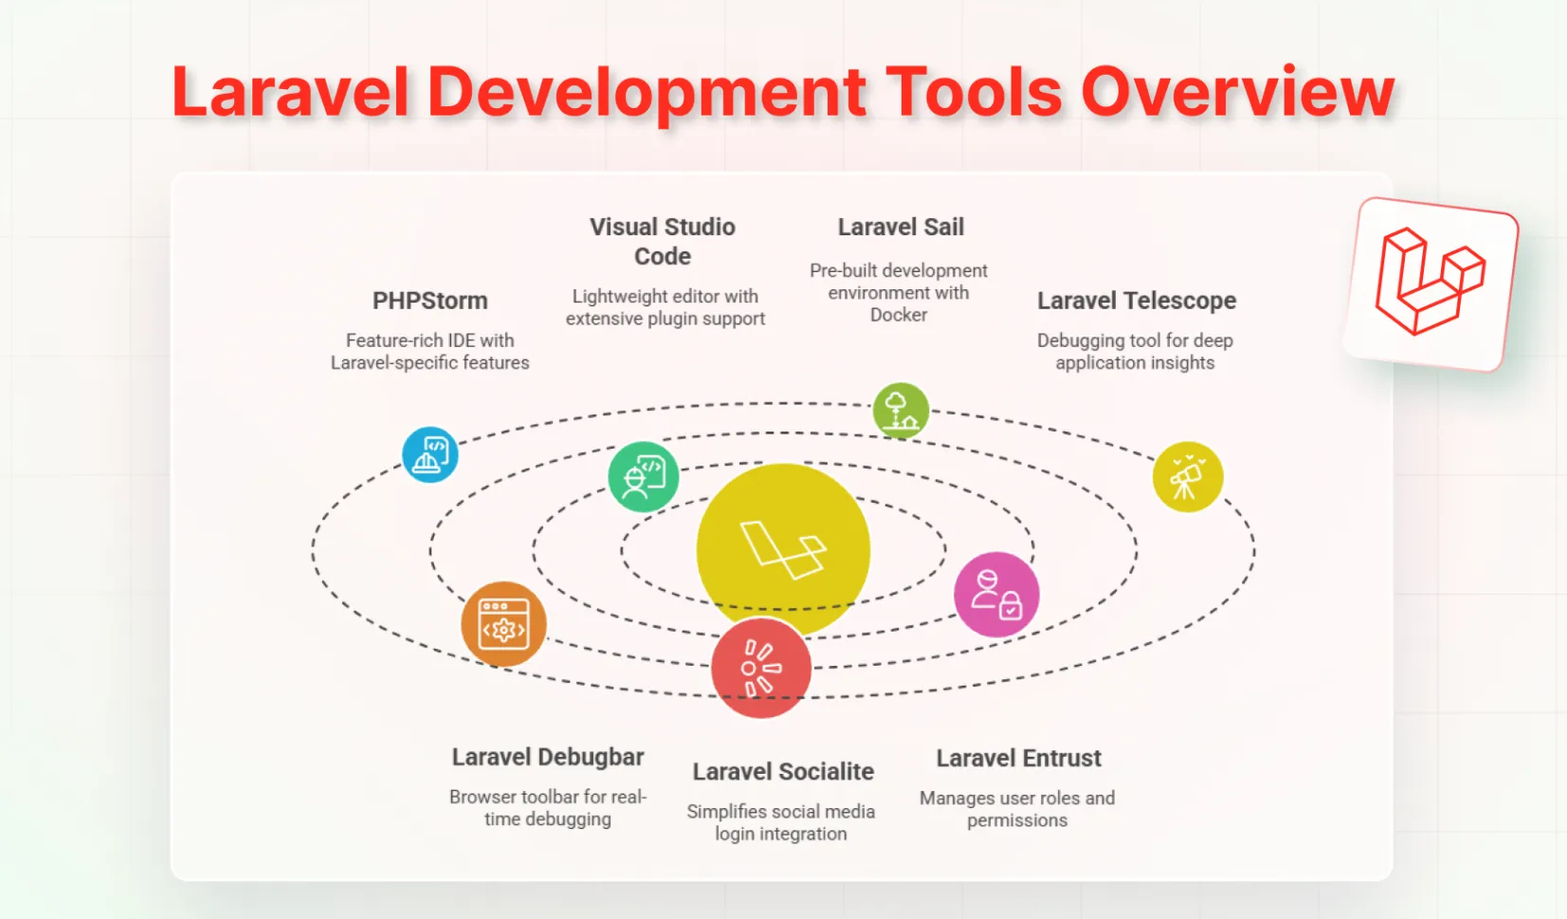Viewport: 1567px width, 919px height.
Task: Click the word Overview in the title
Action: click(x=1238, y=91)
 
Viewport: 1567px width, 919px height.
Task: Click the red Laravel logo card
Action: click(x=1430, y=284)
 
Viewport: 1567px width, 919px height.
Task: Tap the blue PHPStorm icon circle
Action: click(x=430, y=454)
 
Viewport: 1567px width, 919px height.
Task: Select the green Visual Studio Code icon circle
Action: click(x=643, y=476)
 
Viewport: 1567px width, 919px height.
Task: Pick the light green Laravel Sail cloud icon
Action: click(x=901, y=410)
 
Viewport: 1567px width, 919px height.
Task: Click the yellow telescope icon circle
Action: click(x=1188, y=477)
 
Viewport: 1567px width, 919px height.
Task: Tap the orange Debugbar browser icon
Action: click(x=503, y=624)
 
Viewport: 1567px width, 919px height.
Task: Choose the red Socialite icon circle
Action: click(x=761, y=668)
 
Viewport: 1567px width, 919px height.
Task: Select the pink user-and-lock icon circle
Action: click(x=996, y=595)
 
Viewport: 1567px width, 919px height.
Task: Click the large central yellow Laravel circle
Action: click(x=783, y=550)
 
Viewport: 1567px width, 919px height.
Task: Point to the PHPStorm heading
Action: click(x=430, y=301)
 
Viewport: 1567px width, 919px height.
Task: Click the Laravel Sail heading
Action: click(x=901, y=227)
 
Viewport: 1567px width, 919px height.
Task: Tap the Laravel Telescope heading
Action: click(x=1137, y=301)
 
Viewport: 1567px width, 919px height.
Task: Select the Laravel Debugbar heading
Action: click(x=548, y=758)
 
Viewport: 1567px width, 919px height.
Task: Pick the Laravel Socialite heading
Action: click(x=783, y=772)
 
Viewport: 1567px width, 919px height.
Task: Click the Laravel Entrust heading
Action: click(x=1019, y=758)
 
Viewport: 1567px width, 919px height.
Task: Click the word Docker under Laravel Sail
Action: click(x=899, y=315)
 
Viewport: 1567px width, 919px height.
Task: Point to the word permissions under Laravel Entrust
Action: click(x=1017, y=821)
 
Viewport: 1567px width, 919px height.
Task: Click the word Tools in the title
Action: click(x=978, y=91)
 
